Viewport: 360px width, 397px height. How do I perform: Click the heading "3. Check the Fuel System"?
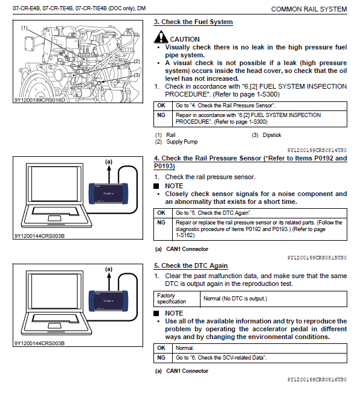click(193, 22)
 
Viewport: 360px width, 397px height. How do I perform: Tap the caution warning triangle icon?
click(161, 37)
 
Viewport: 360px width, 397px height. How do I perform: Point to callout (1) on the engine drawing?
click(24, 28)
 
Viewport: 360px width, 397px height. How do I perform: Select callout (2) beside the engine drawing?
click(137, 62)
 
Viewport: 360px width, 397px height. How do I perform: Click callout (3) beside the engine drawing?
click(137, 75)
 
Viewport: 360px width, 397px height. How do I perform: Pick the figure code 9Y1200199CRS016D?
click(39, 100)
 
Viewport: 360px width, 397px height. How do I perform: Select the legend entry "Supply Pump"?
click(182, 142)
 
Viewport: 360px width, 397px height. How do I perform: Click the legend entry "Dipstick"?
click(272, 135)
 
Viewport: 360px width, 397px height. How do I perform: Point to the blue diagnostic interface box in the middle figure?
click(108, 194)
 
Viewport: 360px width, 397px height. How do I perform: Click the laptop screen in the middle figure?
click(54, 183)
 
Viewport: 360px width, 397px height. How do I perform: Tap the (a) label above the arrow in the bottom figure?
click(109, 269)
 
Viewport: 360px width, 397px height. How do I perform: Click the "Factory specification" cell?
click(172, 299)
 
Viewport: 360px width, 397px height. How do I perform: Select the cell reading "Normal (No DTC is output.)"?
click(235, 299)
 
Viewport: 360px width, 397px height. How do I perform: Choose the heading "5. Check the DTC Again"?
click(191, 266)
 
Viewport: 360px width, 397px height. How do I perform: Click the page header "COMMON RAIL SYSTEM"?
click(309, 9)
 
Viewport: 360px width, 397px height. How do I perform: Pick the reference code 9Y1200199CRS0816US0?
click(317, 380)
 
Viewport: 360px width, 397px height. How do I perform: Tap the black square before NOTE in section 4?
click(156, 186)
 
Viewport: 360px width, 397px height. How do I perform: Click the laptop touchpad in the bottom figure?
click(54, 326)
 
